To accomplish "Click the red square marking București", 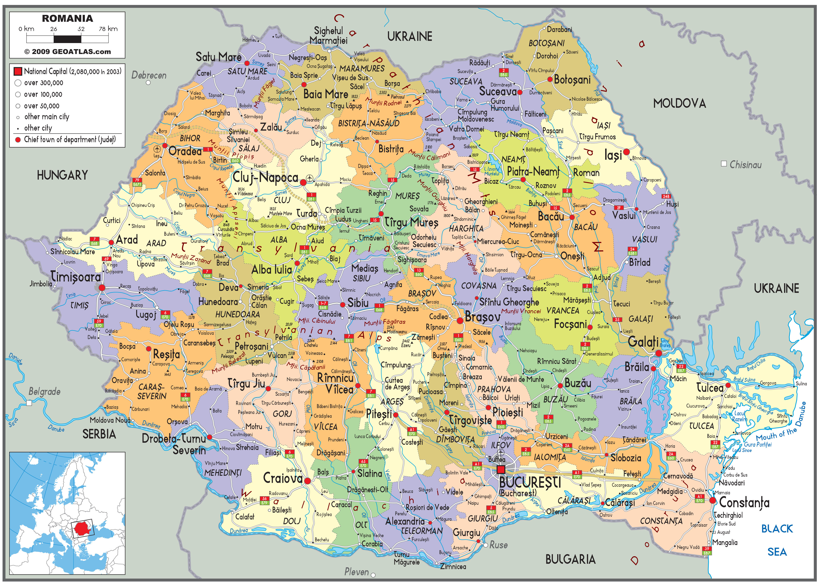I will [501, 469].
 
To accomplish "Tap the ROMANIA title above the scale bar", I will [67, 18].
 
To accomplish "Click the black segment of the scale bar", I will [67, 39].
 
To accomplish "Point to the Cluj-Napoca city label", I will [265, 177].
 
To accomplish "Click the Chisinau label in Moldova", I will [745, 165].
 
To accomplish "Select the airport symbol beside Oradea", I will [157, 149].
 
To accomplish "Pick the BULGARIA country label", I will [570, 559].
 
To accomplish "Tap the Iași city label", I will [613, 155].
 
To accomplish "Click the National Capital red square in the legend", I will [18, 71].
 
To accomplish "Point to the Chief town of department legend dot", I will [18, 140].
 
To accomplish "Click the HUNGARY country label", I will [62, 175].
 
